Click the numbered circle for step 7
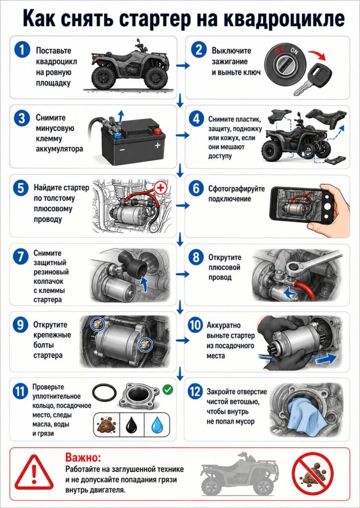(20, 257)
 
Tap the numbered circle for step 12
(195, 392)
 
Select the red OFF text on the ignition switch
(279, 51)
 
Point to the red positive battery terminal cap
(157, 131)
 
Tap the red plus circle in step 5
(159, 188)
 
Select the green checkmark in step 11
(168, 389)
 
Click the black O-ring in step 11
(104, 393)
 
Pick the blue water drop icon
(157, 425)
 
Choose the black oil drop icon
(132, 425)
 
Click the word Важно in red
(83, 457)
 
